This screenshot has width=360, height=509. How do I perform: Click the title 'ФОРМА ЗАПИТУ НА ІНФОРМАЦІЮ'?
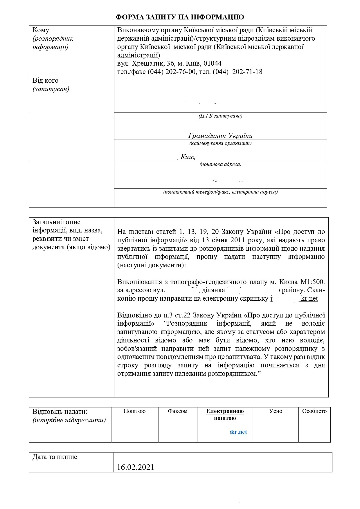click(180, 17)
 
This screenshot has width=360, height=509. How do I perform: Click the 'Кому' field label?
click(41, 30)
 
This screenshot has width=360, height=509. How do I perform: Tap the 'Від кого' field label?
click(45, 80)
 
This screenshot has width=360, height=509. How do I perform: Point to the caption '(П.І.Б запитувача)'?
click(220, 116)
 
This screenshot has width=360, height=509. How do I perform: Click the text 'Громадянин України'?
click(220, 136)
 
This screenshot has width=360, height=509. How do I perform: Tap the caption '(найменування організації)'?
click(220, 143)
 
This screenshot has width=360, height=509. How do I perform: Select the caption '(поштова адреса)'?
click(220, 164)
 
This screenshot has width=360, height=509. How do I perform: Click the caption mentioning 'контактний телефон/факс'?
click(220, 192)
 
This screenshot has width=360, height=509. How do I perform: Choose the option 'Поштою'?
click(134, 411)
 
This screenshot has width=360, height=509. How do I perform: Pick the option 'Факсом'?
click(177, 411)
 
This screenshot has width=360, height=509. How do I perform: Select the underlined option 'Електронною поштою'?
click(225, 414)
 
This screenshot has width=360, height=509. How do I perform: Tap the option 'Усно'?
click(276, 411)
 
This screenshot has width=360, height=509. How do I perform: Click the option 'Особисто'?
click(314, 411)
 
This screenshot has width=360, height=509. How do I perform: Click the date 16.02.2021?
click(136, 467)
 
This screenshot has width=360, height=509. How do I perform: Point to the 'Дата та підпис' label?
click(55, 457)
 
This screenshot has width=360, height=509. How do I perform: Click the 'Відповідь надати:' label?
click(60, 411)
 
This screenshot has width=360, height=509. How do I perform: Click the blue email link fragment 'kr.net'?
click(239, 432)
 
